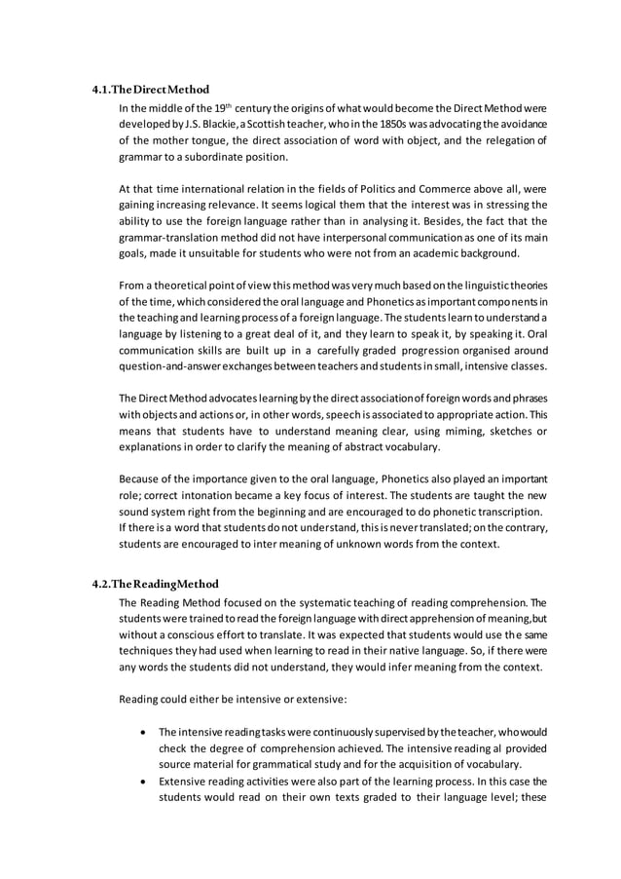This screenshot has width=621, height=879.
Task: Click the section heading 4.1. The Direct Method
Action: [x=150, y=90]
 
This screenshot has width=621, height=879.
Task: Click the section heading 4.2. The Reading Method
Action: [x=156, y=584]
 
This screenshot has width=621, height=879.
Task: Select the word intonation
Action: [x=203, y=494]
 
